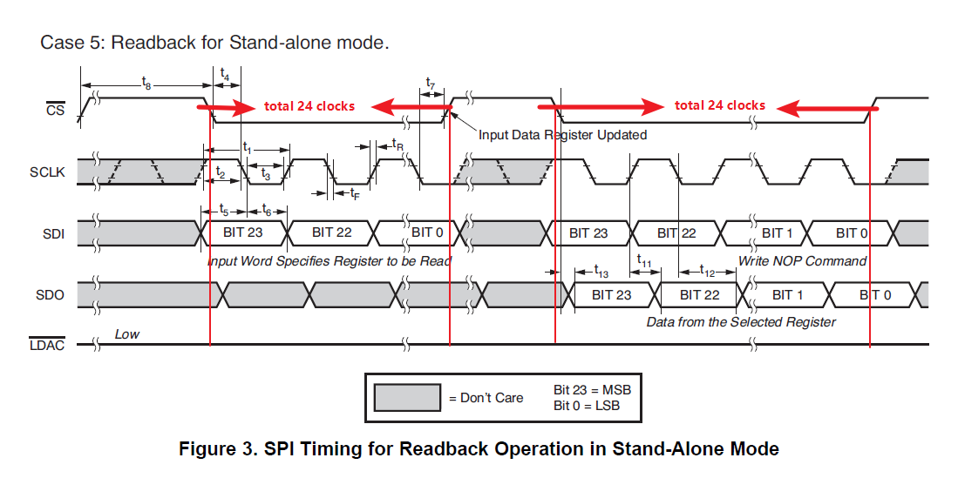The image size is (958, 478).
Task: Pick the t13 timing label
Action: pos(601,271)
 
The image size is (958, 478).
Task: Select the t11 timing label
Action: pos(644,259)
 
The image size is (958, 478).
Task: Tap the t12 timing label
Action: pos(707,271)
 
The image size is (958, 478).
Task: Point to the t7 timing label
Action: pos(430,84)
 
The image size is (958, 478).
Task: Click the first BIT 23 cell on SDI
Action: pos(243,232)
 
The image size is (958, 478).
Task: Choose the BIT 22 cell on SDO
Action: pos(699,295)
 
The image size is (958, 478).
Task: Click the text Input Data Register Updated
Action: pos(562,135)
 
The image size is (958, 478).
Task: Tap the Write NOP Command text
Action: pos(802,260)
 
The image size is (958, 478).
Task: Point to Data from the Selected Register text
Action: pos(740,322)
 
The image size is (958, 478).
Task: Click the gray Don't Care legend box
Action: pos(406,398)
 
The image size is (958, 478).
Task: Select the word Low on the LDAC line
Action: pos(126,334)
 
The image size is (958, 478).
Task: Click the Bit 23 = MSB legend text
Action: pos(592,389)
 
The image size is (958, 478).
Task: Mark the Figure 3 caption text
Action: pos(479,449)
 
